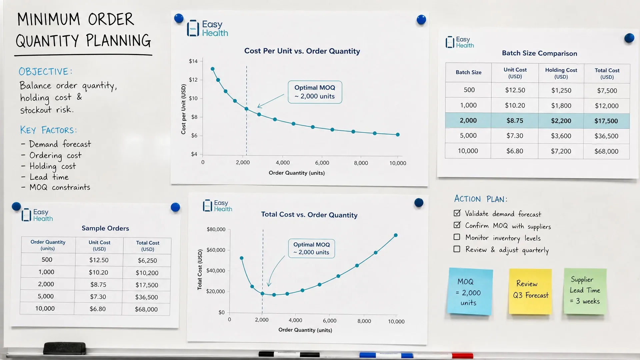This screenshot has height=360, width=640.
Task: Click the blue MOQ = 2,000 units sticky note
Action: (x=470, y=291)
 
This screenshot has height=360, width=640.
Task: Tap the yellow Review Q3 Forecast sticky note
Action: (x=530, y=291)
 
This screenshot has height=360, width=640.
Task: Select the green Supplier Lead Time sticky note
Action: (x=585, y=291)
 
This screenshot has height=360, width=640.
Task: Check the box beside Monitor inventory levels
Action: (x=457, y=237)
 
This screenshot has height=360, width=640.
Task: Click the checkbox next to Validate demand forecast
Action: (x=457, y=213)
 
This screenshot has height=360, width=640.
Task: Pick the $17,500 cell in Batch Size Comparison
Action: (x=606, y=121)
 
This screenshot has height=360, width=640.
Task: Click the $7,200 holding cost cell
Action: (x=561, y=151)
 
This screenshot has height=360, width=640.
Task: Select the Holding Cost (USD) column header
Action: (x=561, y=73)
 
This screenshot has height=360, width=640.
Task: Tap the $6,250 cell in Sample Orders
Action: (x=147, y=260)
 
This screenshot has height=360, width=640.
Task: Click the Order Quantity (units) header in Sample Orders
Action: (x=48, y=245)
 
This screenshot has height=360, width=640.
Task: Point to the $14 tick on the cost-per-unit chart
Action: (x=193, y=61)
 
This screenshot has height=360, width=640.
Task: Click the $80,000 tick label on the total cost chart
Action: (x=216, y=229)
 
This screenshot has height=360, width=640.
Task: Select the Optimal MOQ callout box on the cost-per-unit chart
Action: (x=315, y=92)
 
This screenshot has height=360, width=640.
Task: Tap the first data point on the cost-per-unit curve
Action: (x=213, y=69)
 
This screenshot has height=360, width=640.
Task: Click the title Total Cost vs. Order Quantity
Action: (x=309, y=215)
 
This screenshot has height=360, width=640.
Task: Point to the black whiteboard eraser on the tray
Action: (x=64, y=348)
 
